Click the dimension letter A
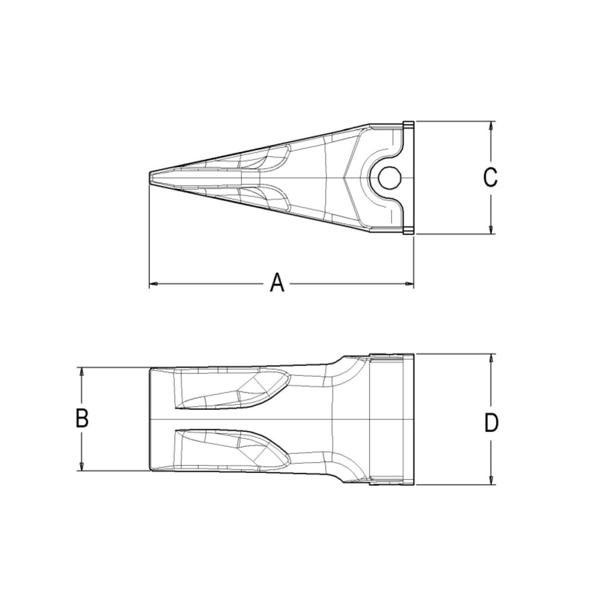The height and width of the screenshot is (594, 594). click(277, 283)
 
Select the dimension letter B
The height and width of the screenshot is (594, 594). click(82, 419)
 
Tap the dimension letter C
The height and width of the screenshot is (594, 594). click(490, 178)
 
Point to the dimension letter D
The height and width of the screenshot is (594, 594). click(491, 423)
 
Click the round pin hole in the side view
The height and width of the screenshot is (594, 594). click(390, 176)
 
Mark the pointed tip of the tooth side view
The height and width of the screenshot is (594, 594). click(150, 177)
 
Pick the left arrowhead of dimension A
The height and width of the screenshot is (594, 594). click(152, 285)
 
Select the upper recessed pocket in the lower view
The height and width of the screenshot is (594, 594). click(232, 389)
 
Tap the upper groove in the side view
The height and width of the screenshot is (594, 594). click(267, 158)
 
